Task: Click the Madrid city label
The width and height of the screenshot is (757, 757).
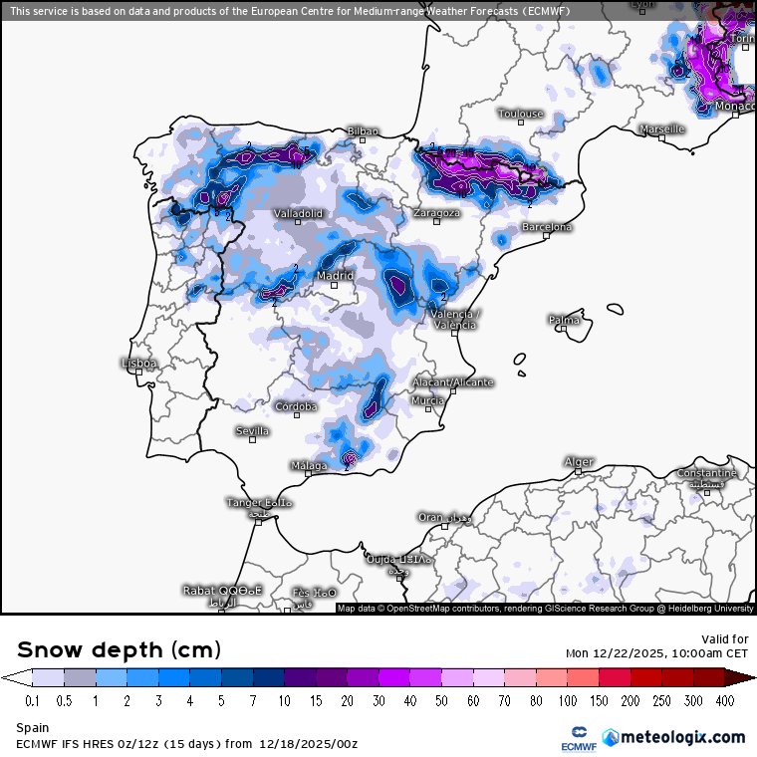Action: coord(335,276)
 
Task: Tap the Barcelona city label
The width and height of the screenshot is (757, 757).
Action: coord(547,227)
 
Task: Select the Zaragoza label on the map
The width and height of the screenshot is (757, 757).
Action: coord(437,213)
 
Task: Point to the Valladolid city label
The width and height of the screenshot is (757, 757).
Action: coord(299,213)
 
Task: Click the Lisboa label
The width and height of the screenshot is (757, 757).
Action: coord(138,364)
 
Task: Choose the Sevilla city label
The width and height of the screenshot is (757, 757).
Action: coord(252,430)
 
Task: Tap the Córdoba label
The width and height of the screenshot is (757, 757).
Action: coord(297,406)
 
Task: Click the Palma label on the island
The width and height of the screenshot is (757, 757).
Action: coord(564,320)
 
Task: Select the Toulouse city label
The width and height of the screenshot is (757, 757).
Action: coord(521,114)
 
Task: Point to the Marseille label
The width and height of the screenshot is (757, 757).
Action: coord(662,129)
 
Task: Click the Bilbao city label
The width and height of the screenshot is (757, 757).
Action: coord(363,131)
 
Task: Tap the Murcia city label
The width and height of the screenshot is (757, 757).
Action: coord(427,400)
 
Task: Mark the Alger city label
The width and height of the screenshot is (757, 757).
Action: coord(579,462)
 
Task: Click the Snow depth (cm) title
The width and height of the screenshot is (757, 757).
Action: coord(119,649)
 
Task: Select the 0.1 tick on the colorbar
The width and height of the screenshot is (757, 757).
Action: coord(32,701)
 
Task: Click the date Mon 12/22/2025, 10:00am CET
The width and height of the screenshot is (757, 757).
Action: coord(656,653)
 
